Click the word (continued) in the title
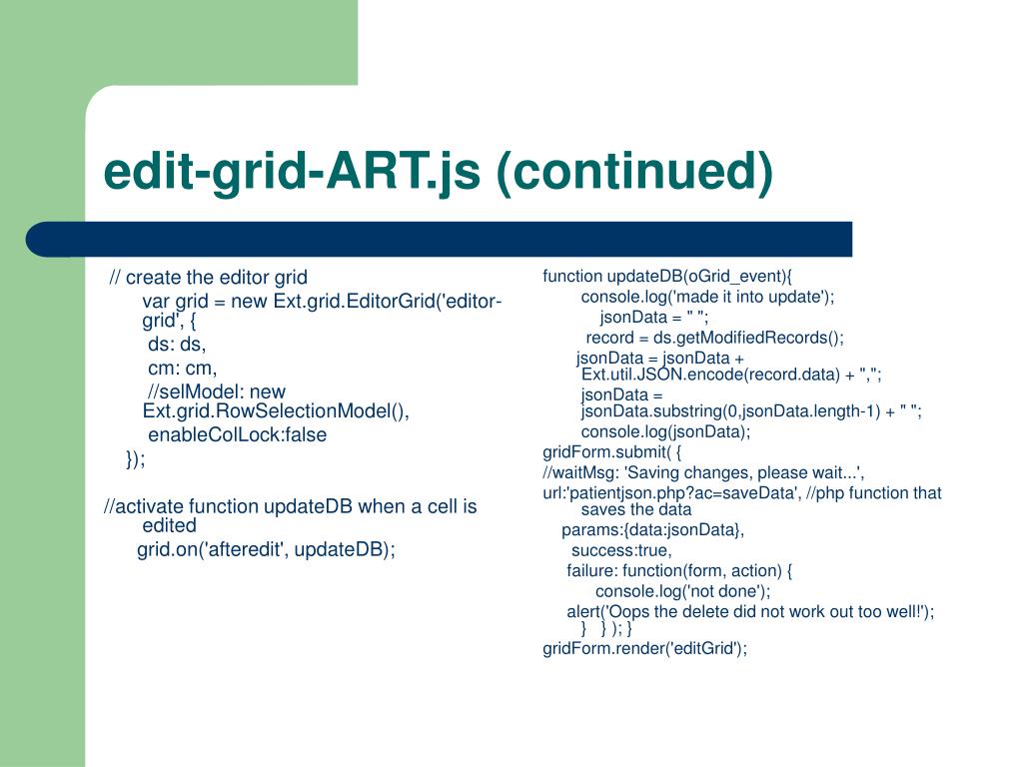pyautogui.click(x=634, y=172)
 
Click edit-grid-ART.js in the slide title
pyautogui.click(x=292, y=172)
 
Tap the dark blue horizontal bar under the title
pyautogui.click(x=440, y=240)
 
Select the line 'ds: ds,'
pyautogui.click(x=177, y=344)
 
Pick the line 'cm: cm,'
pyautogui.click(x=182, y=368)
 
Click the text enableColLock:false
pyautogui.click(x=238, y=434)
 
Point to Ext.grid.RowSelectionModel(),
pyautogui.click(x=276, y=410)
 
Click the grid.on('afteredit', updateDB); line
pyautogui.click(x=266, y=549)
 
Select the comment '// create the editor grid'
pyautogui.click(x=208, y=278)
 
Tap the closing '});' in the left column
pyautogui.click(x=136, y=458)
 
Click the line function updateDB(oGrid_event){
pyautogui.click(x=667, y=276)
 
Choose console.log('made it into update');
pyautogui.click(x=708, y=297)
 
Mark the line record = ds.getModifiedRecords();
pyautogui.click(x=715, y=338)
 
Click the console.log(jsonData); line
pyautogui.click(x=666, y=431)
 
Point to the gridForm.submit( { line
pyautogui.click(x=612, y=452)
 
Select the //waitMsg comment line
pyautogui.click(x=704, y=472)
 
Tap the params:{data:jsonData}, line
pyautogui.click(x=653, y=529)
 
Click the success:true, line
pyautogui.click(x=621, y=550)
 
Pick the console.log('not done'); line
pyautogui.click(x=683, y=591)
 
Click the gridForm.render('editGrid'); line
pyautogui.click(x=645, y=648)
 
